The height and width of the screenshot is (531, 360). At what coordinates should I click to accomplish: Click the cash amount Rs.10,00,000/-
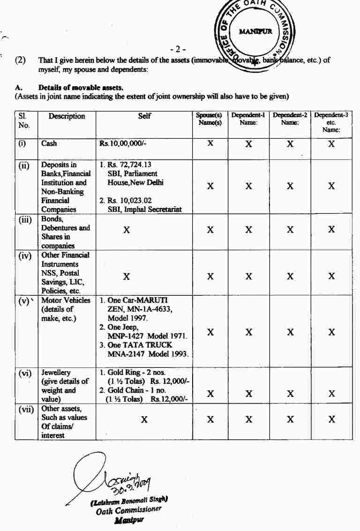pyautogui.click(x=123, y=143)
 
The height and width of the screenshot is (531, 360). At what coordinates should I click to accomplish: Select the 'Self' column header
pyautogui.click(x=144, y=116)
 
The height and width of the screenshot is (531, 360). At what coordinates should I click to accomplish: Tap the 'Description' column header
pyautogui.click(x=67, y=116)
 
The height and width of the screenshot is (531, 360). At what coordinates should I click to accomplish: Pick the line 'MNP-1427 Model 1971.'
pyautogui.click(x=147, y=336)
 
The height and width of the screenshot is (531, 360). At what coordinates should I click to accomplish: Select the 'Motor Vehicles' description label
pyautogui.click(x=66, y=300)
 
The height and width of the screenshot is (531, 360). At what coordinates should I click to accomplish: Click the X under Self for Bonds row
pyautogui.click(x=126, y=231)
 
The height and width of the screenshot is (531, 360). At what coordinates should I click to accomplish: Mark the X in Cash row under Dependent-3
pyautogui.click(x=331, y=144)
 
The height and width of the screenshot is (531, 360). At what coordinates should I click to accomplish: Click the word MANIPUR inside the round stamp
pyautogui.click(x=255, y=32)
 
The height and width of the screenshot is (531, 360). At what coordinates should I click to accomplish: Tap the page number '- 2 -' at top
pyautogui.click(x=178, y=49)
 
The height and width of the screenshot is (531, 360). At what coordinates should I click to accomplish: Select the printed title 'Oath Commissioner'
pyautogui.click(x=128, y=509)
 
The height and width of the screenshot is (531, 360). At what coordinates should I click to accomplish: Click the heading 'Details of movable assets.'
pyautogui.click(x=81, y=87)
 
